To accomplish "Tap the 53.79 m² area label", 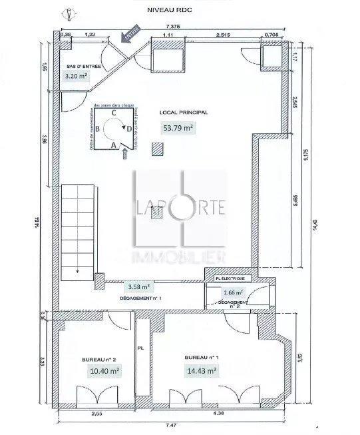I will click(178, 128).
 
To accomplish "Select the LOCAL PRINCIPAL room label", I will click(184, 113).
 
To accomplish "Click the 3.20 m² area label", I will click(76, 76).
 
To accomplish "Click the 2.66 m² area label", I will click(234, 292).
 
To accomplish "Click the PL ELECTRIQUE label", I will click(230, 277).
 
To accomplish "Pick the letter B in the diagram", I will click(98, 129).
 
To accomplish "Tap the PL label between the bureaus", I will click(140, 347).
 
